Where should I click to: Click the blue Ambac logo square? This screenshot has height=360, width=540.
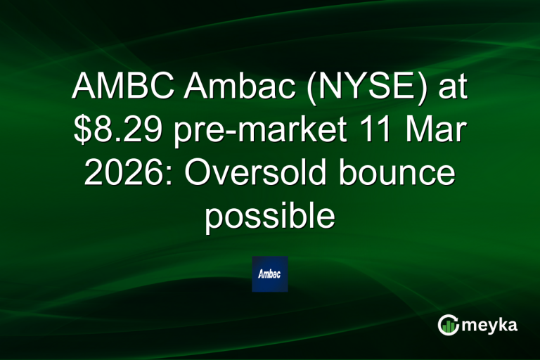point(270,274)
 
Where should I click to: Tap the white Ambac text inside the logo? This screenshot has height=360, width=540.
point(270,274)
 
